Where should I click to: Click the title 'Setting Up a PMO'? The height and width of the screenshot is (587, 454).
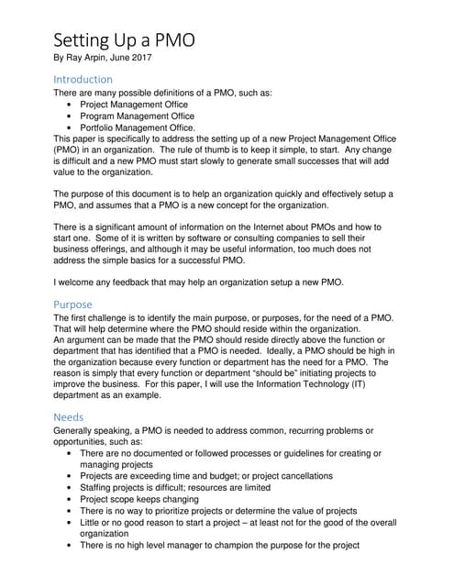[123, 40]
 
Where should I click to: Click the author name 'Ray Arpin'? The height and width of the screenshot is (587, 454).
[90, 58]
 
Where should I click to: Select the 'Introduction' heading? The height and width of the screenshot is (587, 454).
[83, 79]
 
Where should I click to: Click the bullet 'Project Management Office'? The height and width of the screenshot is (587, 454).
[138, 105]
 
